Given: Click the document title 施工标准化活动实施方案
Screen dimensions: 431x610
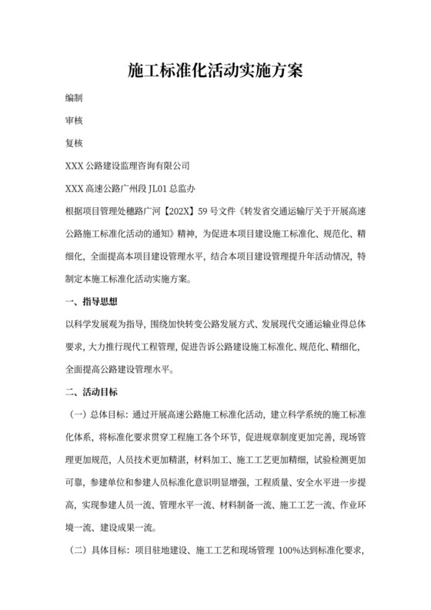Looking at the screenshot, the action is pyautogui.click(x=215, y=71).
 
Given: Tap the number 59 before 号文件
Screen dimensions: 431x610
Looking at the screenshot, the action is pyautogui.click(x=204, y=210).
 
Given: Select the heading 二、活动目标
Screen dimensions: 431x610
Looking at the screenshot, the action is pyautogui.click(x=92, y=392).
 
